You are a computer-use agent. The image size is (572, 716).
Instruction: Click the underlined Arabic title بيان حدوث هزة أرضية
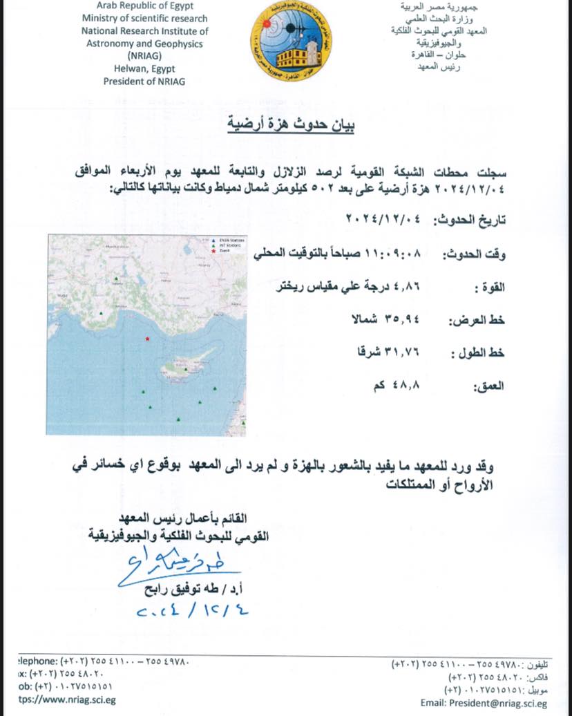coord(292,126)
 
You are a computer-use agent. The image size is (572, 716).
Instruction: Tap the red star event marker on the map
coord(147,339)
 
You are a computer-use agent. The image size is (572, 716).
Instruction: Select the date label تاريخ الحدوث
coord(469,220)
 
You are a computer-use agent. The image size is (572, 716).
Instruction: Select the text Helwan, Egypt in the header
coord(144,69)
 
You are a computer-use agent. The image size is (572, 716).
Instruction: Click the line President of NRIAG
coord(144,81)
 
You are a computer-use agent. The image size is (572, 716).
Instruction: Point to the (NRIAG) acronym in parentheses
coord(144,56)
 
